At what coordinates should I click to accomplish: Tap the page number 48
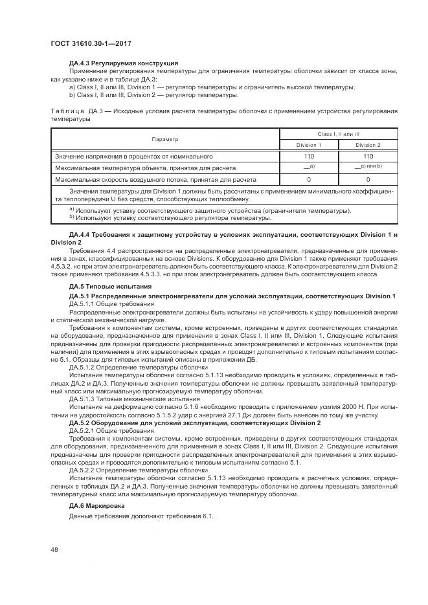[x=54, y=549]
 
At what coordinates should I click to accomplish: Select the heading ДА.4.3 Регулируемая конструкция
[x=123, y=63]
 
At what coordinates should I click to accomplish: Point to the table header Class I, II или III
[x=338, y=133]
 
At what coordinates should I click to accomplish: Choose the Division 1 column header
[x=308, y=145]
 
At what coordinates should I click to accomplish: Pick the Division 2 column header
[x=368, y=145]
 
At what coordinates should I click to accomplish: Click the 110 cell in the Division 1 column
[x=308, y=157]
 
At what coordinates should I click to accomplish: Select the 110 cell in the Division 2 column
[x=368, y=157]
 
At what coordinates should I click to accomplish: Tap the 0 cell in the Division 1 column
[x=308, y=179]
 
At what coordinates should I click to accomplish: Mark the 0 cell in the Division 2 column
[x=368, y=179]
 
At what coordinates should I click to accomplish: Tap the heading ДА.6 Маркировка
[x=100, y=505]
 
